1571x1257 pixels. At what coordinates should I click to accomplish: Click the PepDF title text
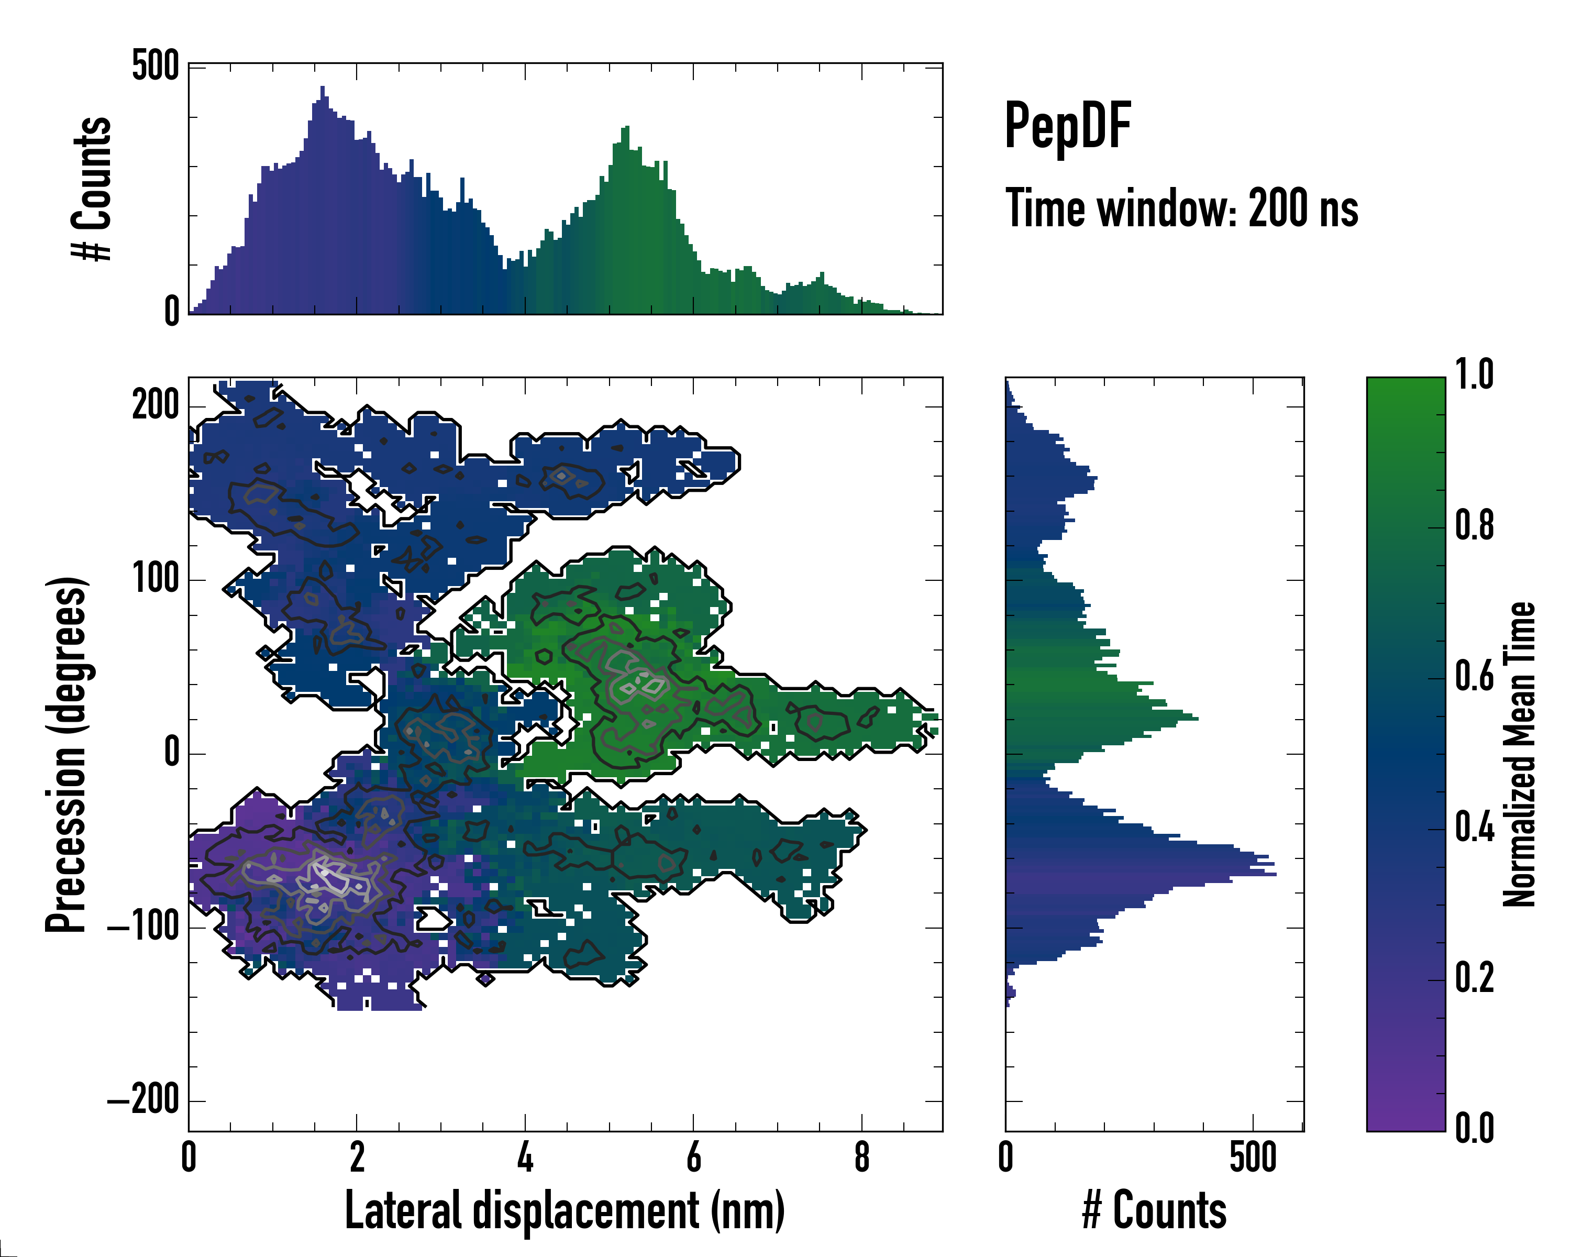pyautogui.click(x=1067, y=126)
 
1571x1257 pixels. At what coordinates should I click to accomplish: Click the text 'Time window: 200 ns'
pyautogui.click(x=1181, y=209)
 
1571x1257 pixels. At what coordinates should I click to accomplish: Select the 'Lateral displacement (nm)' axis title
pyautogui.click(x=564, y=1210)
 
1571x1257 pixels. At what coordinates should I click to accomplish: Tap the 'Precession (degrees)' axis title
pyautogui.click(x=67, y=754)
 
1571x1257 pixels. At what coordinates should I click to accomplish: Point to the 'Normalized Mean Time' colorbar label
pyautogui.click(x=1519, y=754)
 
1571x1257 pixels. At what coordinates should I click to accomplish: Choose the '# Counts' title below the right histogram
pyautogui.click(x=1154, y=1210)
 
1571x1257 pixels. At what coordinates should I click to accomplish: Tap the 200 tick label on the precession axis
pyautogui.click(x=155, y=405)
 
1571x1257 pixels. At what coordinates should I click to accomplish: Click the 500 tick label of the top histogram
pyautogui.click(x=155, y=67)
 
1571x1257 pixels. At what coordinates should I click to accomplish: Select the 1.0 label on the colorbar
pyautogui.click(x=1474, y=376)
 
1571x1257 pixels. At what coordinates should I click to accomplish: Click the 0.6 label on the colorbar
pyautogui.click(x=1474, y=677)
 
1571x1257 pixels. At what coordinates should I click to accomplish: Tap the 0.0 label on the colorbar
pyautogui.click(x=1474, y=1128)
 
